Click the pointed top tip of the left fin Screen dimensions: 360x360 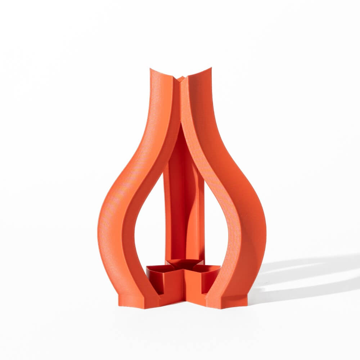pos(150,68)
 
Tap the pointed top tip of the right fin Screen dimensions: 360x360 pos(211,68)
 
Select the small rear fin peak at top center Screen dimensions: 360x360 pos(181,77)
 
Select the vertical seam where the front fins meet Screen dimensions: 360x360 pos(180,101)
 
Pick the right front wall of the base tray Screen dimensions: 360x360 pos(196,288)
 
